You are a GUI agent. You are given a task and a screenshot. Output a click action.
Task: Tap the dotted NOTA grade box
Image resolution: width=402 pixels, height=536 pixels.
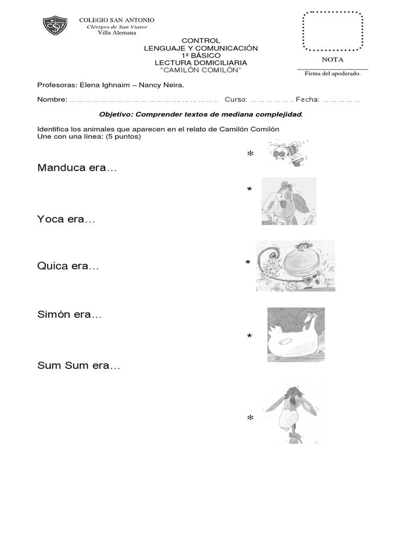[332, 31]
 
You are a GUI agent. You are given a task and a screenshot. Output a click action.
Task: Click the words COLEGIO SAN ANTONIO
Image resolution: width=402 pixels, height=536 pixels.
[117, 20]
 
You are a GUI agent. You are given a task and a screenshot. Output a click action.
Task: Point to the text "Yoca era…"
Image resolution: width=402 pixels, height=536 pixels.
[66, 219]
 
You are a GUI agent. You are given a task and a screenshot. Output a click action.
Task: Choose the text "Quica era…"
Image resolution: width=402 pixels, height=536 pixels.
[68, 266]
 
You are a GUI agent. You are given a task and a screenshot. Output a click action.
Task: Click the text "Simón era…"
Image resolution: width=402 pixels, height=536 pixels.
[70, 315]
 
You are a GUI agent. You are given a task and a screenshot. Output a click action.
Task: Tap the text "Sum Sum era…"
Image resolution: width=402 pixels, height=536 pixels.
[79, 366]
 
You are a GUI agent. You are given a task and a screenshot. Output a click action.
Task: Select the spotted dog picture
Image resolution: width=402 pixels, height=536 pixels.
[288, 201]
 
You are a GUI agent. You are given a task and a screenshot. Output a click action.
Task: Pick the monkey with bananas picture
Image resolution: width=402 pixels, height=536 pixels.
[295, 266]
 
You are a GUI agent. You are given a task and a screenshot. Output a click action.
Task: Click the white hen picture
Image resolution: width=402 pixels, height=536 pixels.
[296, 335]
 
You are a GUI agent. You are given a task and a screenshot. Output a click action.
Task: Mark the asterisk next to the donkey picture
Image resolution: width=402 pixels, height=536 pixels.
[250, 419]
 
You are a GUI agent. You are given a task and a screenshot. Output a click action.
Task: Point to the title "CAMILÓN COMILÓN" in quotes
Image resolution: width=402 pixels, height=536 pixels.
[201, 70]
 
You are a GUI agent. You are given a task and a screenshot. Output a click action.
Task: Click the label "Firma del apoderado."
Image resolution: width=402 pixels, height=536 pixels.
[332, 74]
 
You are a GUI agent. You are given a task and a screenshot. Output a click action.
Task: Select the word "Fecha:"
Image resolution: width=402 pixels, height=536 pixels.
[307, 99]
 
